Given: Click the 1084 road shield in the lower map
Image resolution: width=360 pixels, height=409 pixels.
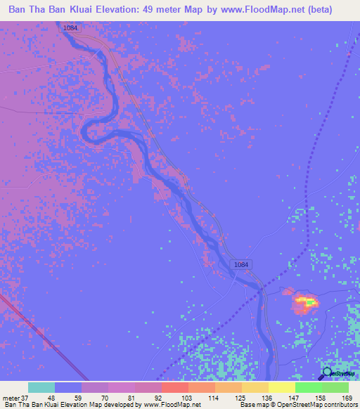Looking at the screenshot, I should pos(240,264).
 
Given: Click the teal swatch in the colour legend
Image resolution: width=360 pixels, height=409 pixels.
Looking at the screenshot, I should pos(41,387).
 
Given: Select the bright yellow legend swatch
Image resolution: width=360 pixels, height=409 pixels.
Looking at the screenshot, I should pos(281,387).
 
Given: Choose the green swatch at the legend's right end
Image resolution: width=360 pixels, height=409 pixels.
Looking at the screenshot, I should pos(335,387).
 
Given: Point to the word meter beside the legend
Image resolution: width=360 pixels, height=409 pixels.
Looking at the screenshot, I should pos(10,397).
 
